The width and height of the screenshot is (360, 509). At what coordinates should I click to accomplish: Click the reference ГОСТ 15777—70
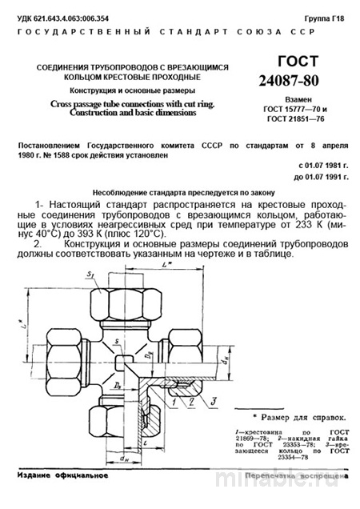[297, 116]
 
